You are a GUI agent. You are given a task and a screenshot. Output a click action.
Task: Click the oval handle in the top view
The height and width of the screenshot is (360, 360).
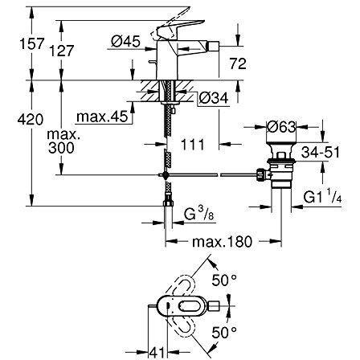coord(180,305)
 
